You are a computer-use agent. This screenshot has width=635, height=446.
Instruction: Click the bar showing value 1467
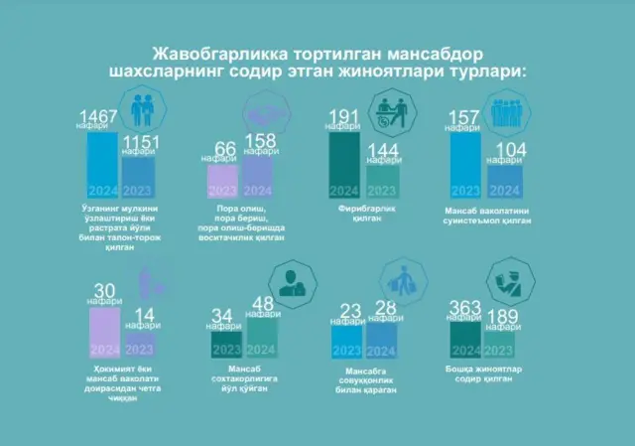[102, 164]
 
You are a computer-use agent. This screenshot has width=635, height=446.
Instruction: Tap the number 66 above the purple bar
[225, 148]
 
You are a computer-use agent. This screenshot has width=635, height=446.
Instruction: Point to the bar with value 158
[260, 178]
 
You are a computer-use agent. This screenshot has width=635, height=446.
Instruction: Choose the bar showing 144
[382, 181]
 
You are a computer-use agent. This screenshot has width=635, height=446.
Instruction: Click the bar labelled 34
[226, 344]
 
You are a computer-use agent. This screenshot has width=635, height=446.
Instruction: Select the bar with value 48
[263, 338]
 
